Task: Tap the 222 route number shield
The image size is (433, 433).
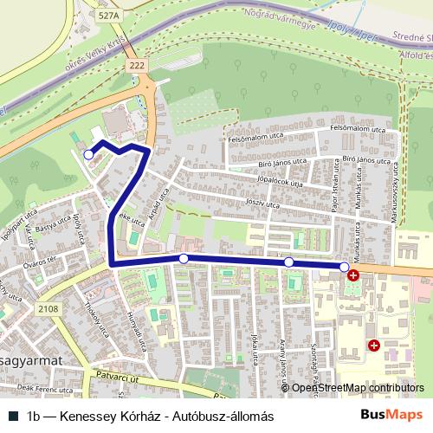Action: pos(134,66)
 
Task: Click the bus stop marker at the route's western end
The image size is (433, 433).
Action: pos(88,153)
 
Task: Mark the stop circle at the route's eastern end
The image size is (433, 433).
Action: pos(345,266)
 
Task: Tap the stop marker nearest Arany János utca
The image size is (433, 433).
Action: pos(289,262)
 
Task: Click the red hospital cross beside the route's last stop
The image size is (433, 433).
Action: pos(353,275)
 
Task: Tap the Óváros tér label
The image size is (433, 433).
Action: pos(39,260)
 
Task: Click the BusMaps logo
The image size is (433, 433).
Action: pos(391,416)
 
